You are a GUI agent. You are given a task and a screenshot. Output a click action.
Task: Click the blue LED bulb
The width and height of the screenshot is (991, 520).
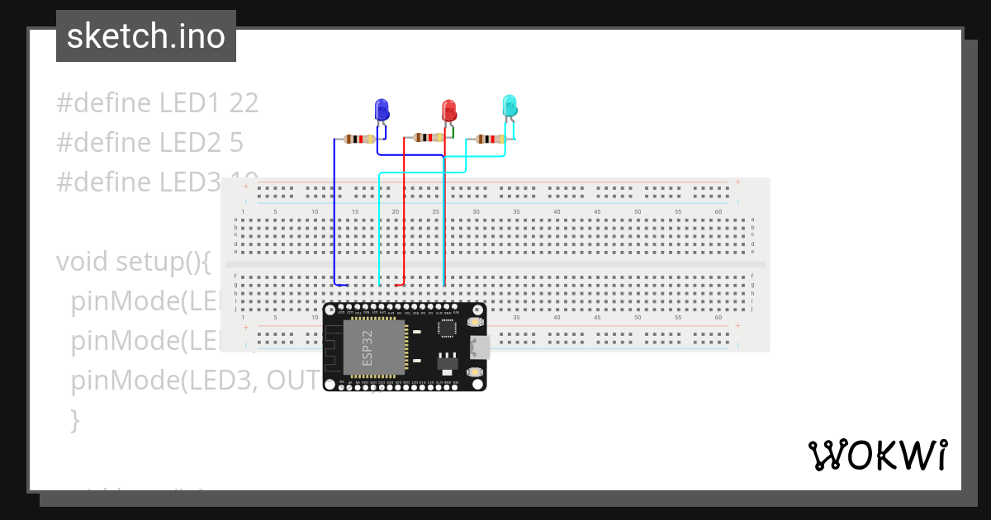[x=382, y=109]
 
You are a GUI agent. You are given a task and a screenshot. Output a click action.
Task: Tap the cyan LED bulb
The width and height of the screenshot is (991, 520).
[x=510, y=105]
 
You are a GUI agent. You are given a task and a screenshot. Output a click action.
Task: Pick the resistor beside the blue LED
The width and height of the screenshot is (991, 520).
[x=358, y=139]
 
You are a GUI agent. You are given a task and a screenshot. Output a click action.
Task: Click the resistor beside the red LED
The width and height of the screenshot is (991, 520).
[x=429, y=137]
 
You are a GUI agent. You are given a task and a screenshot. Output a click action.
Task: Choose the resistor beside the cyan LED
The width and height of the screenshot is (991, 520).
[x=491, y=139]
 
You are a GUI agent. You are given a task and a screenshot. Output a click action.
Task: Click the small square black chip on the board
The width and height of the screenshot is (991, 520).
[x=446, y=329]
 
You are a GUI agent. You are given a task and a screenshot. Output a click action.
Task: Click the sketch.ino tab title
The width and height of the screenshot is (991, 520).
[x=146, y=36]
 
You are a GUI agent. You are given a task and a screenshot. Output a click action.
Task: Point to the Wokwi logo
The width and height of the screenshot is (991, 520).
[x=877, y=456]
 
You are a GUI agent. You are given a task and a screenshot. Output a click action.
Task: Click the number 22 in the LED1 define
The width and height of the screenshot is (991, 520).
[x=244, y=103]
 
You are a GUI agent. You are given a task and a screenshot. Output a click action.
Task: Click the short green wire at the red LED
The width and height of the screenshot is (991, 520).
[x=452, y=132]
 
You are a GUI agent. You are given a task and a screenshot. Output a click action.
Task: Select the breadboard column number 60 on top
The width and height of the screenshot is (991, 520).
[x=718, y=212]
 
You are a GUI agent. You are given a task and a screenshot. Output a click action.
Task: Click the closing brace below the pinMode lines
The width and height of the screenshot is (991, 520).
[x=75, y=420]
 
